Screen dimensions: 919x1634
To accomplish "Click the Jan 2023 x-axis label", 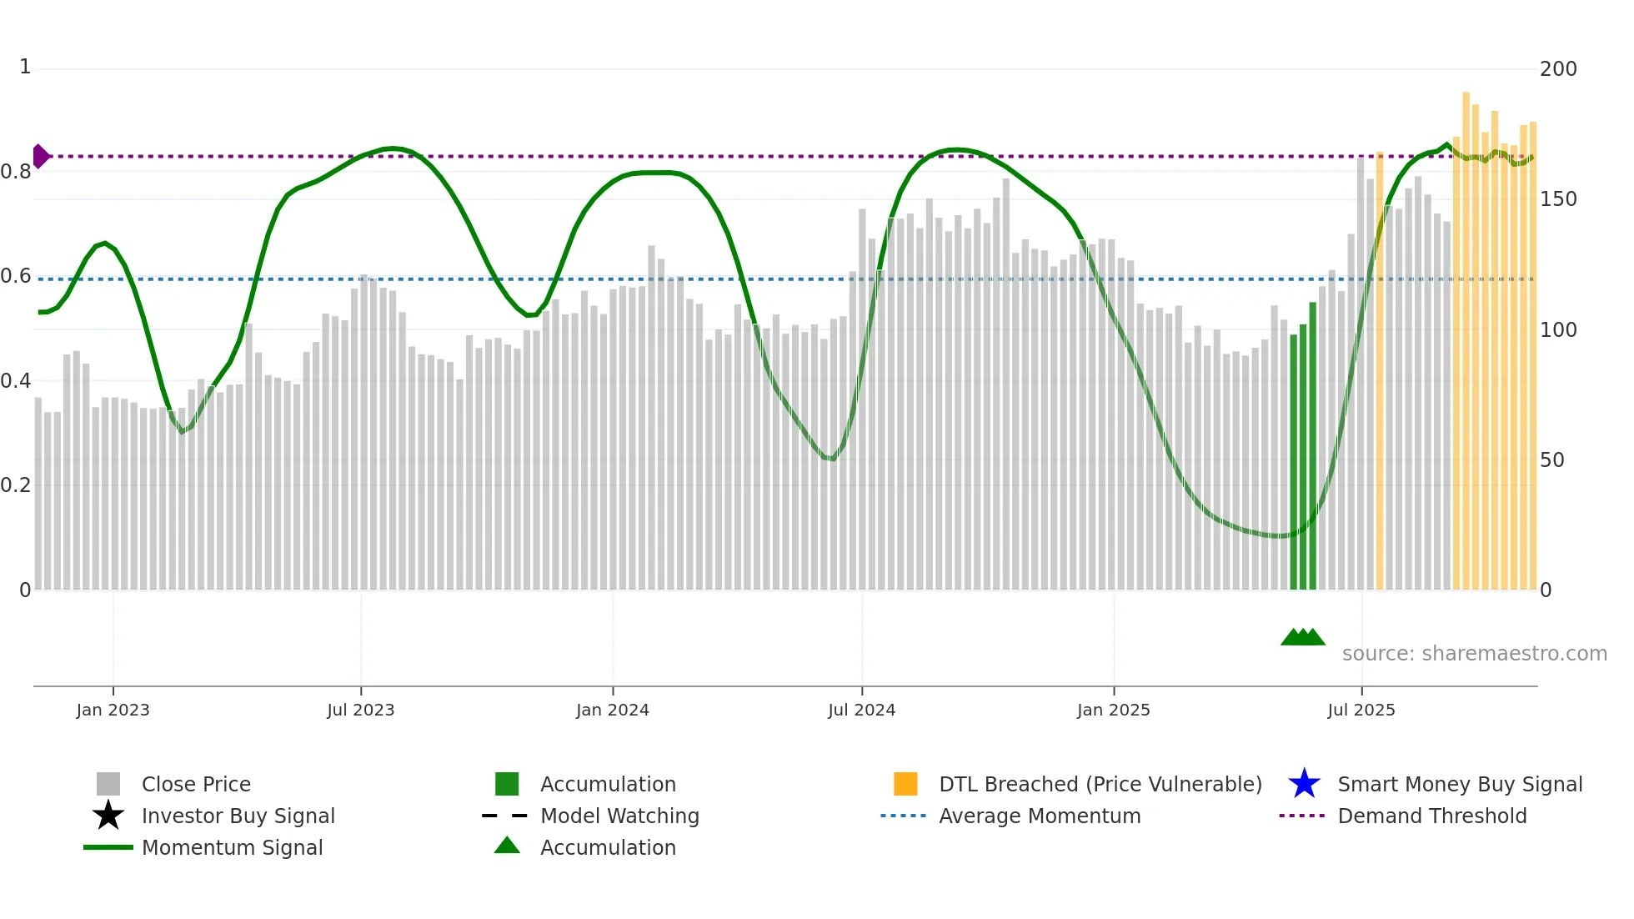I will click(x=113, y=710).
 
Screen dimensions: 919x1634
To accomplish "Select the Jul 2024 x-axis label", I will click(x=861, y=710).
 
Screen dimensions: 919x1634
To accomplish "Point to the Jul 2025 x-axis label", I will click(x=1361, y=710).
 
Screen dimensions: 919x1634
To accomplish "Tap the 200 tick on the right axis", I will click(x=1557, y=69).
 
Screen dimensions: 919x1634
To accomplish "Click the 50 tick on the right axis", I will click(x=1551, y=460).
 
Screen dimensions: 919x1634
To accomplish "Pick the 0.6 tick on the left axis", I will click(x=16, y=276).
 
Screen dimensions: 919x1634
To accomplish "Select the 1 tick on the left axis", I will click(x=25, y=67).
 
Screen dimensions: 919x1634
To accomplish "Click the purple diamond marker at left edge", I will click(x=40, y=156).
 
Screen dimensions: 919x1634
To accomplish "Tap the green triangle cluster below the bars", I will click(x=1302, y=637).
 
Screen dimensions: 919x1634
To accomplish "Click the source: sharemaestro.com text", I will click(x=1474, y=654).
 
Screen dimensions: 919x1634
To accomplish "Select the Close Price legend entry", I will click(x=196, y=784).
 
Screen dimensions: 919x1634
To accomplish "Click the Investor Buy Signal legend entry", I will click(x=238, y=816).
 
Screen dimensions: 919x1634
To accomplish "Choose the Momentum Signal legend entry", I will click(x=232, y=847).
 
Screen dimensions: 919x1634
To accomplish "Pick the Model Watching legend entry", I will click(x=619, y=816).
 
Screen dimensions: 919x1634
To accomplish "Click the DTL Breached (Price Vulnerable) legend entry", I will click(x=1100, y=784).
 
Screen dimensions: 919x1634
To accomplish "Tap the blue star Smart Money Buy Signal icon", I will click(x=1304, y=784).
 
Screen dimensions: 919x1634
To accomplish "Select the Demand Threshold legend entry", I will click(x=1431, y=816).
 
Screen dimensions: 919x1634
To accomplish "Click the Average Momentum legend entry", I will click(x=1039, y=816).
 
